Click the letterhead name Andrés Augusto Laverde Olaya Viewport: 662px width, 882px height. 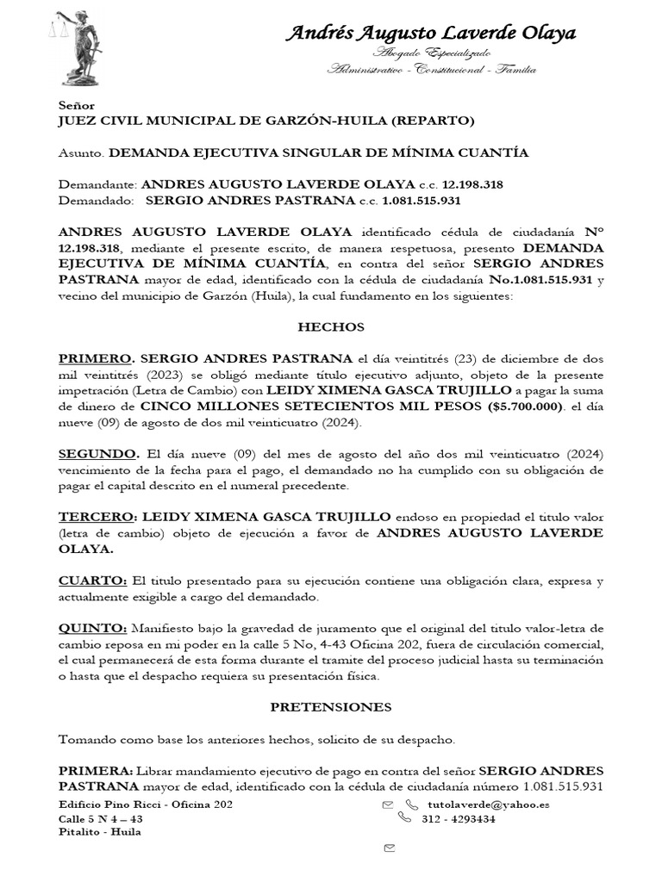431,34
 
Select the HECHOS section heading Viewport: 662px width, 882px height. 331,327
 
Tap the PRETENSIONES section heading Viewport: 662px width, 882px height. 331,707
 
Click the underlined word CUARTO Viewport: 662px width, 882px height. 92,581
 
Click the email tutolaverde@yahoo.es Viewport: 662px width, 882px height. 489,804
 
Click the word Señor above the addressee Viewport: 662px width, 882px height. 77,104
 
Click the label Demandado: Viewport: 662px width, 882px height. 96,201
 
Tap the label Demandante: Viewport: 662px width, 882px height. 97,185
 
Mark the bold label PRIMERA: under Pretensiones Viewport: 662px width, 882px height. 95,770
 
